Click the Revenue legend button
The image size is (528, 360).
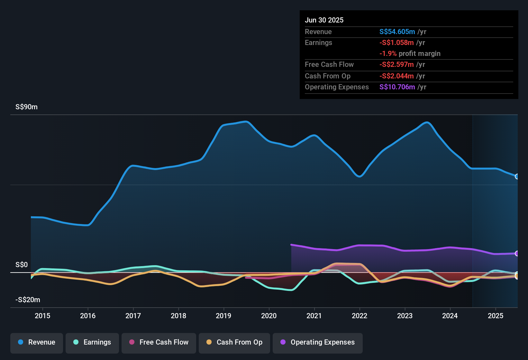click(x=37, y=342)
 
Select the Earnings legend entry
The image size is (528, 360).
click(x=92, y=342)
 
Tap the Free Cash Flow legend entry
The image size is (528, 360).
click(x=159, y=342)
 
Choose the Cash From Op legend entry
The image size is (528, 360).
click(x=234, y=342)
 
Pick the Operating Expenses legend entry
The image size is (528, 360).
click(x=318, y=342)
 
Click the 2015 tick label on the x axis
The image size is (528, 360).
click(x=42, y=316)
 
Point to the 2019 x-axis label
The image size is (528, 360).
click(x=223, y=316)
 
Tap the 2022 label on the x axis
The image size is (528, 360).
click(x=360, y=316)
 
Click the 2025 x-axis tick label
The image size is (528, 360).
click(x=496, y=316)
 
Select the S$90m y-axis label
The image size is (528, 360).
click(x=26, y=107)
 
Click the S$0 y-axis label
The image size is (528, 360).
click(x=22, y=265)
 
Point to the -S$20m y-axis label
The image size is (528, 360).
click(x=28, y=300)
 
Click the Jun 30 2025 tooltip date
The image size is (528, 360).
click(x=324, y=20)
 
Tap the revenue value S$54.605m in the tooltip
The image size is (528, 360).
click(x=397, y=32)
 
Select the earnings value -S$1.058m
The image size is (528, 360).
click(x=396, y=42)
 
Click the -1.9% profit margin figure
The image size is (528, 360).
click(x=388, y=54)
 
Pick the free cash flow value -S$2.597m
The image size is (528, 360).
click(x=396, y=65)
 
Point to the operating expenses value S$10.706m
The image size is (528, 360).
click(x=397, y=87)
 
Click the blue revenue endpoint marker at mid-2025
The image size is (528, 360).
click(x=517, y=176)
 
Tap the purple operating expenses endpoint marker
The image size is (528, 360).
click(x=517, y=254)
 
